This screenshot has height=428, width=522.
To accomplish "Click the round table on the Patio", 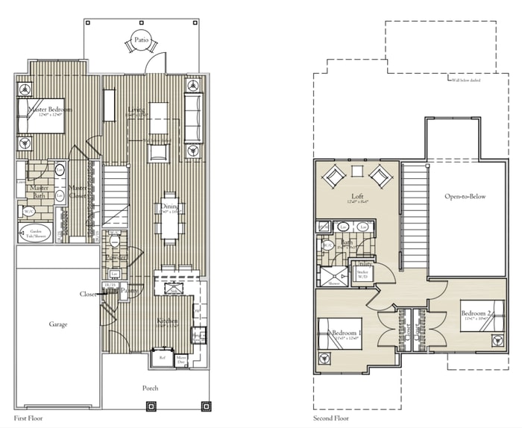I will pos(139,43).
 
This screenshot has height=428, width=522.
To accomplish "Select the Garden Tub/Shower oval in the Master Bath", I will pos(36,232).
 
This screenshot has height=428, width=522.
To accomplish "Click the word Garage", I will pos(58,324).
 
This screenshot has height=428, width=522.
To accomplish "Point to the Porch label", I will pos(151,388).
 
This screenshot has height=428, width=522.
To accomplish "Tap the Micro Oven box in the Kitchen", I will pos(181,359).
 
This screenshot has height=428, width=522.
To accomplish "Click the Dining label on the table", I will pos(171,207).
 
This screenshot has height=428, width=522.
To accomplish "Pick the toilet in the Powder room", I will pos(115,242).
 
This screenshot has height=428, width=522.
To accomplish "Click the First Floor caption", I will pos(28,418).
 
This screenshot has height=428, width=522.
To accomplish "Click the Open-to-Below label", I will pos(465,197).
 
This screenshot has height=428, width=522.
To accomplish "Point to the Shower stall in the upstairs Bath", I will pos(328,277).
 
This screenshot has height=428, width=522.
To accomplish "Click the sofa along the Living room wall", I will pos(193,117).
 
